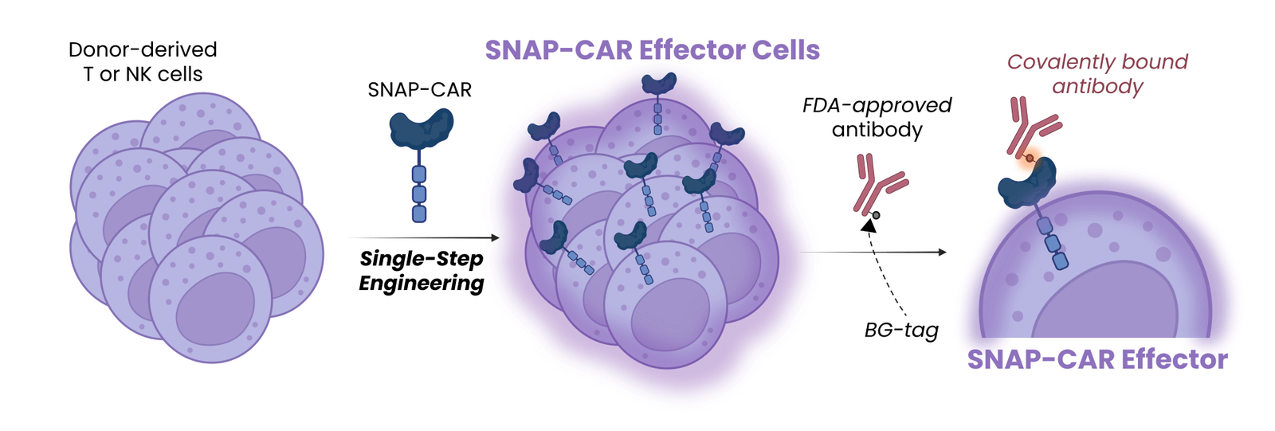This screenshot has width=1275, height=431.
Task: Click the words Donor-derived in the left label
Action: [x=143, y=49]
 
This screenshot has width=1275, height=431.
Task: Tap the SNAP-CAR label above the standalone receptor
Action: [x=419, y=89]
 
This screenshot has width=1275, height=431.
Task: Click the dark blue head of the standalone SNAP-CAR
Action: [x=422, y=128]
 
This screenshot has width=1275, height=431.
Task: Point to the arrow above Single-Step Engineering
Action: [x=424, y=237]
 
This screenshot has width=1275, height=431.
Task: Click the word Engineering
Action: [x=422, y=283]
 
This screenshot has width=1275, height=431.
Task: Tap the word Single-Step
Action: [x=422, y=259]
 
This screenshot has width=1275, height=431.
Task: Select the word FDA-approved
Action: [x=877, y=105]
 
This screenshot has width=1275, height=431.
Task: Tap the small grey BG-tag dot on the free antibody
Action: [x=876, y=215]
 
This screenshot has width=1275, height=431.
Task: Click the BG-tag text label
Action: [x=901, y=330]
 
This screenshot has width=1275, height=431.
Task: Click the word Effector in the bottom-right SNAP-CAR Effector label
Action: [x=1175, y=359]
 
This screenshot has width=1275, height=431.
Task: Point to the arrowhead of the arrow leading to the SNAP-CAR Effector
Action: [x=941, y=253]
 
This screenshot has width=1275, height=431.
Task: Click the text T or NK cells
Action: [x=143, y=74]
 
